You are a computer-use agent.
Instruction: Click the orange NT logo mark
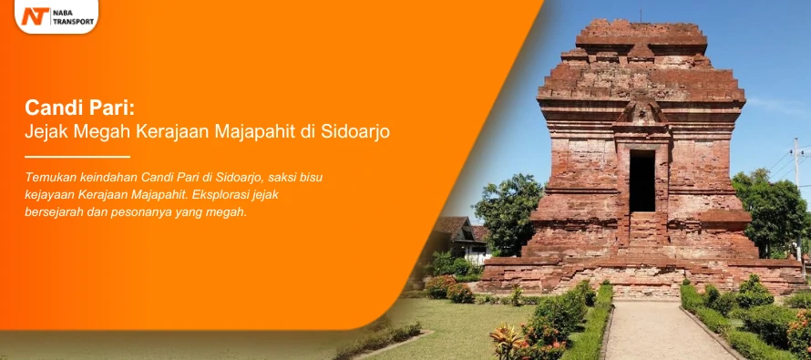coord(35,16)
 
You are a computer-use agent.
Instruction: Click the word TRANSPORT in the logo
coord(74,22)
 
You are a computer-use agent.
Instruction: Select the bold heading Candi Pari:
coord(80,108)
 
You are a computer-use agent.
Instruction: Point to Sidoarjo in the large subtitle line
coord(355,132)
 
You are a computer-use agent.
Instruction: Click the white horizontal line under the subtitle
coord(77,157)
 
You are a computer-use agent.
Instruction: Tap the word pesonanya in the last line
coord(140,211)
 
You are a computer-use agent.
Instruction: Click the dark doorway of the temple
coord(642,180)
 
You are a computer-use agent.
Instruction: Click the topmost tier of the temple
coord(642,33)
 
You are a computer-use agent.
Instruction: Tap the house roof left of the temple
coord(454,226)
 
